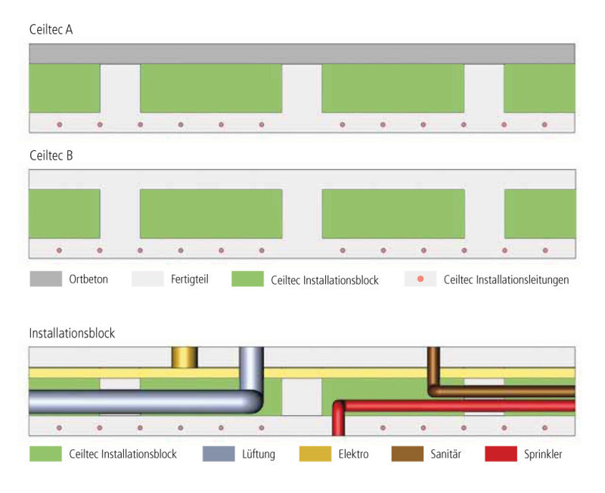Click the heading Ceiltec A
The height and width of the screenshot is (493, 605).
(x=51, y=29)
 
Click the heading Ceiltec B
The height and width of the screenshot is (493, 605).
(x=51, y=156)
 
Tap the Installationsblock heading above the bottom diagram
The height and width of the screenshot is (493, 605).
(x=72, y=333)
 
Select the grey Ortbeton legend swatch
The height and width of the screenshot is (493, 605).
(x=46, y=279)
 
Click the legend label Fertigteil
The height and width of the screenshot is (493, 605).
(x=190, y=279)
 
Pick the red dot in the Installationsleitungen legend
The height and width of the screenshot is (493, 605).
(x=420, y=279)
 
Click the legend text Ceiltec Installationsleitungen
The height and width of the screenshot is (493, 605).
(x=506, y=279)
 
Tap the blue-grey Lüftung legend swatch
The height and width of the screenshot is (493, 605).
(x=219, y=454)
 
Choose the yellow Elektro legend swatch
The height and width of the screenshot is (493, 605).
(x=315, y=454)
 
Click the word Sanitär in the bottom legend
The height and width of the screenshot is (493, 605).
(x=445, y=454)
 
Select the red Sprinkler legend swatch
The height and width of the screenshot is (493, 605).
(x=501, y=454)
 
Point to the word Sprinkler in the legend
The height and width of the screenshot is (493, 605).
(x=543, y=454)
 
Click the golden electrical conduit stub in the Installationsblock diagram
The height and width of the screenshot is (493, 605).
(x=185, y=357)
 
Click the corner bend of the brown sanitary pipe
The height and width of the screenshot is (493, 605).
(x=433, y=390)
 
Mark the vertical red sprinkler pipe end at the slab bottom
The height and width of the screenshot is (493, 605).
(x=338, y=433)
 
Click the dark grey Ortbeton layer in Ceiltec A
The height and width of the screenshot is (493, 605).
(x=302, y=54)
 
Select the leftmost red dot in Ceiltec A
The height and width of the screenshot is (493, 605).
(x=60, y=125)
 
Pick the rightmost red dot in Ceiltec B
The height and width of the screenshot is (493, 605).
(x=545, y=251)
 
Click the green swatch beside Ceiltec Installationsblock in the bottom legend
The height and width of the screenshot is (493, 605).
(x=45, y=454)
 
